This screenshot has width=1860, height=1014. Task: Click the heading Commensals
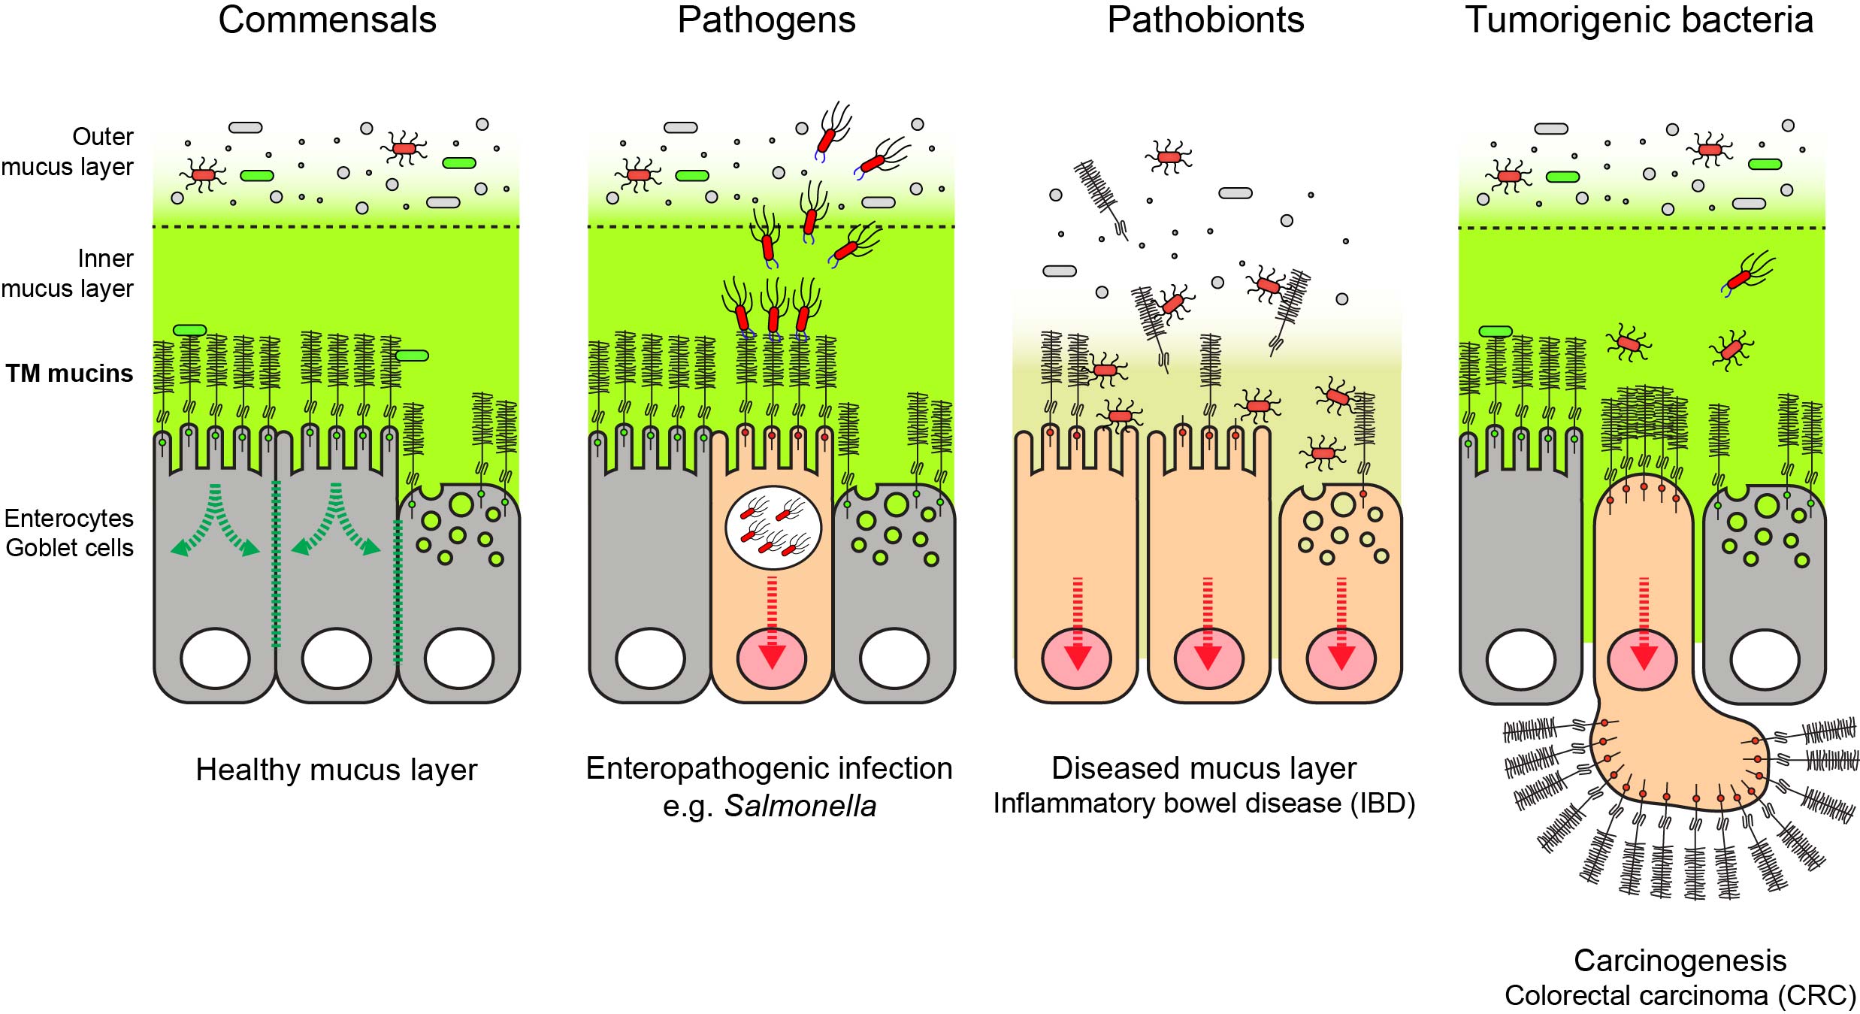327,20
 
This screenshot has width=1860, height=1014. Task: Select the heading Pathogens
766,20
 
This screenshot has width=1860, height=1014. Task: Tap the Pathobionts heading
1205,20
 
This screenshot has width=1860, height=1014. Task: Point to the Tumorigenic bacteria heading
1639,20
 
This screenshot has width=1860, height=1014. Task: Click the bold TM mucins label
69,374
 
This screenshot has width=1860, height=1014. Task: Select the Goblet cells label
69,548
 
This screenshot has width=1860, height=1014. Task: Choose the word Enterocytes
69,519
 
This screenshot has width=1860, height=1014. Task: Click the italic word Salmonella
800,807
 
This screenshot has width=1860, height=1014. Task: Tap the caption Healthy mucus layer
336,770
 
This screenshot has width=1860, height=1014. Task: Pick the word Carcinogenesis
1680,961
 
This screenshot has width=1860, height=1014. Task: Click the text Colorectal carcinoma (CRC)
1680,995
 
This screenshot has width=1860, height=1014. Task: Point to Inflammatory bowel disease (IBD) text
1204,804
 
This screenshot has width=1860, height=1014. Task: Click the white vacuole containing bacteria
773,528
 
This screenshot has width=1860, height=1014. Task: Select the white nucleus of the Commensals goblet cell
458,659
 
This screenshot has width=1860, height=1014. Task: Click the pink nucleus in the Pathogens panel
772,658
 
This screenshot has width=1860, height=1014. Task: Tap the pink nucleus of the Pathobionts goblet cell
1341,658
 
